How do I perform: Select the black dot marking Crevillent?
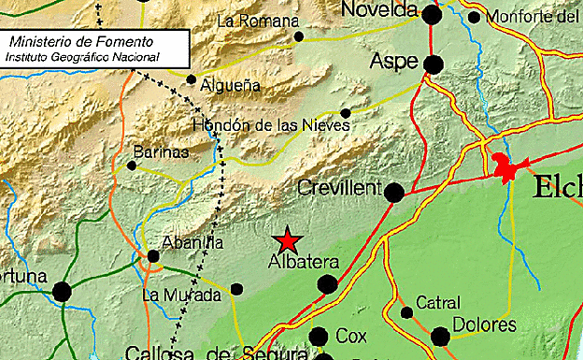coord(394,193)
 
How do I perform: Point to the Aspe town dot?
coord(433,64)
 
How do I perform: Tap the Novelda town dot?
coord(432,14)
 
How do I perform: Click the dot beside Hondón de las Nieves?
coord(346,113)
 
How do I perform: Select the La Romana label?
coord(257,21)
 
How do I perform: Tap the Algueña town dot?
coord(192,79)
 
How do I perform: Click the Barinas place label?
coord(161,151)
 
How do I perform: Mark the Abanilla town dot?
coord(153,256)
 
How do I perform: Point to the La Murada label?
coord(181,295)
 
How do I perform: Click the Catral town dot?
coord(406,312)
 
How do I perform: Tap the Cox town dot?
coord(319,337)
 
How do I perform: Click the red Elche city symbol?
coord(508,169)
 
